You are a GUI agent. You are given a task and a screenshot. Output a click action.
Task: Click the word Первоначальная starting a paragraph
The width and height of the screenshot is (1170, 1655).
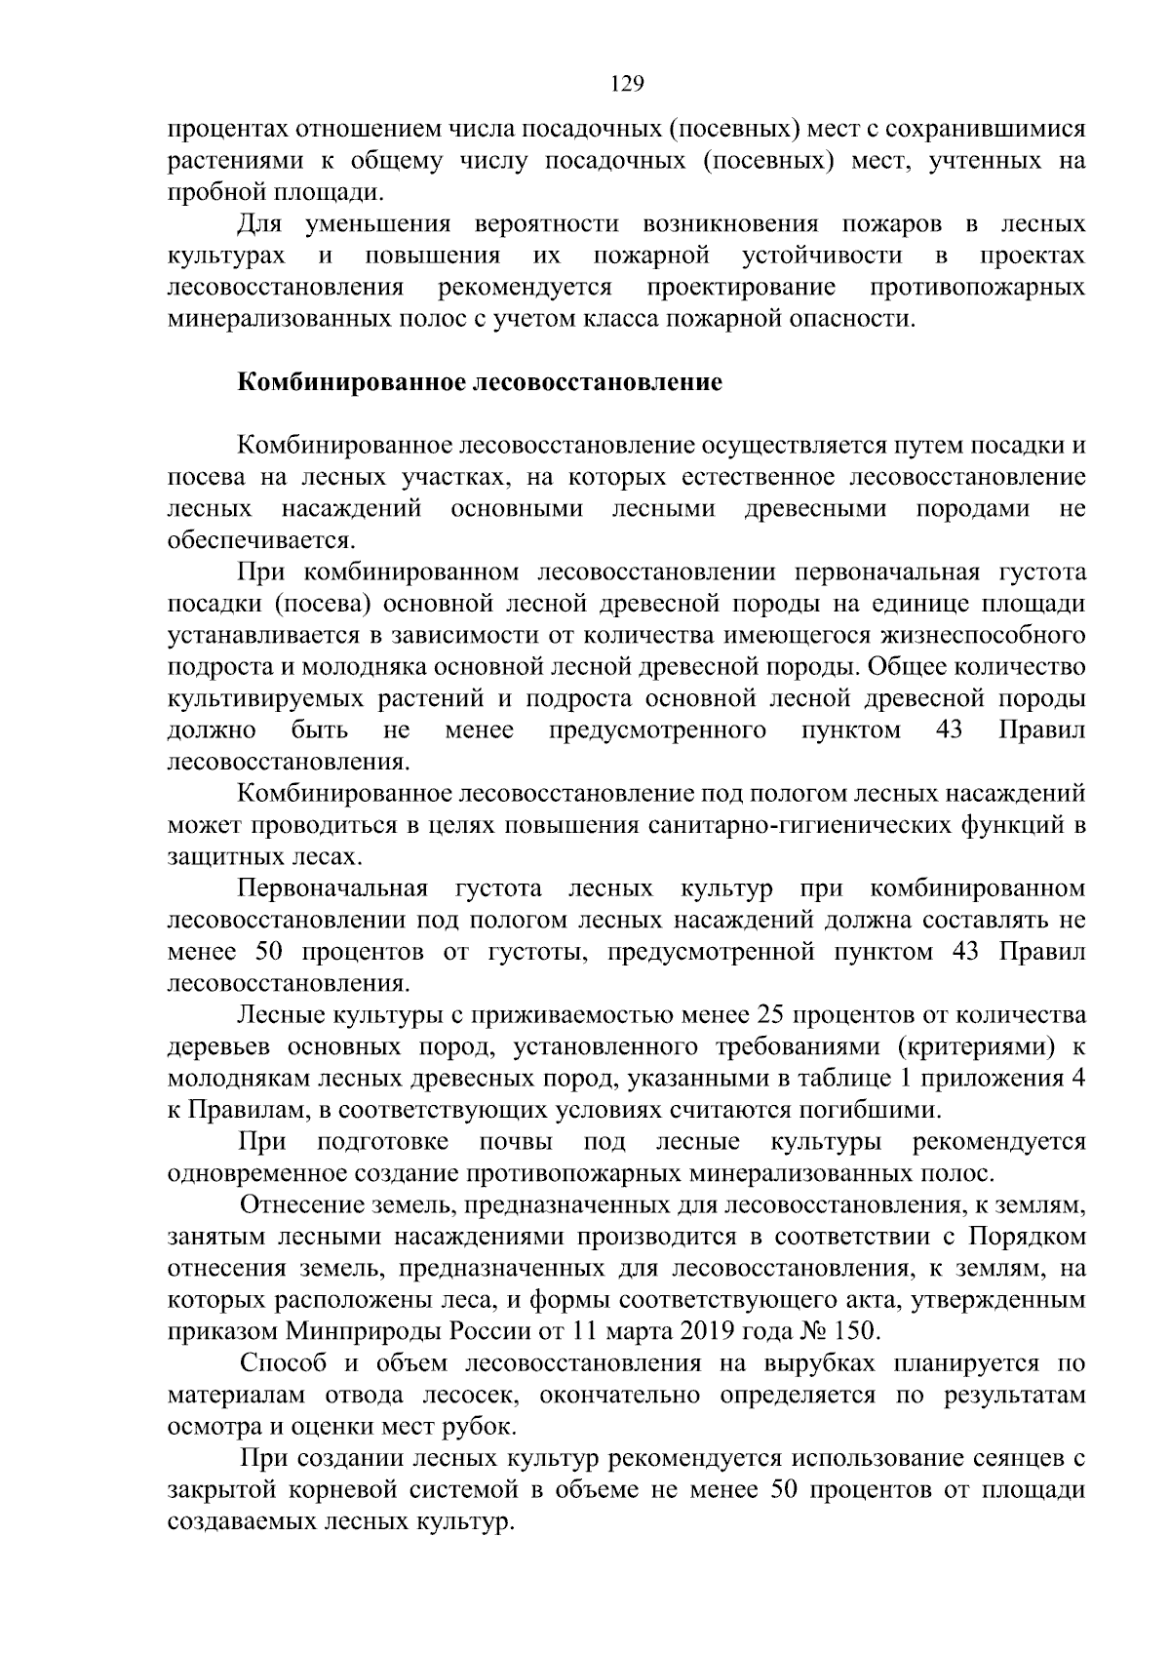[x=332, y=888]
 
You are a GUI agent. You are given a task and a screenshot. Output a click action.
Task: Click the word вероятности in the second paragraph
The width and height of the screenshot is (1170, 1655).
[x=546, y=224]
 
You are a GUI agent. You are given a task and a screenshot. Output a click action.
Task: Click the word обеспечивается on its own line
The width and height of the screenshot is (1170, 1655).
[x=260, y=541]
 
